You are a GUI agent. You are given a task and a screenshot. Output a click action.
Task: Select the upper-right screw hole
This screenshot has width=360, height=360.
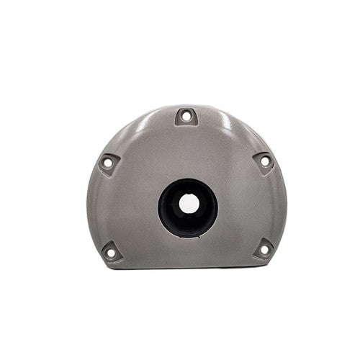click(264, 161)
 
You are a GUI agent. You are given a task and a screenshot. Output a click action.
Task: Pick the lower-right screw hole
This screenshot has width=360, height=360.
click(263, 250)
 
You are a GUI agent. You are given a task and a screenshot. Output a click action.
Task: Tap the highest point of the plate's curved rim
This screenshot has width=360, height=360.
click(186, 102)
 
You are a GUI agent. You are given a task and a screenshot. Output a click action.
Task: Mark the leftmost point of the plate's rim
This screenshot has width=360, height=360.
click(91, 202)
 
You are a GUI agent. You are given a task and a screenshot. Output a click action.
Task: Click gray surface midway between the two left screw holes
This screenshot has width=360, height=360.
click(108, 207)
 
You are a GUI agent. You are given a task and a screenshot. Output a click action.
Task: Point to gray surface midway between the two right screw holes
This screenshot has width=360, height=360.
click(264, 205)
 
